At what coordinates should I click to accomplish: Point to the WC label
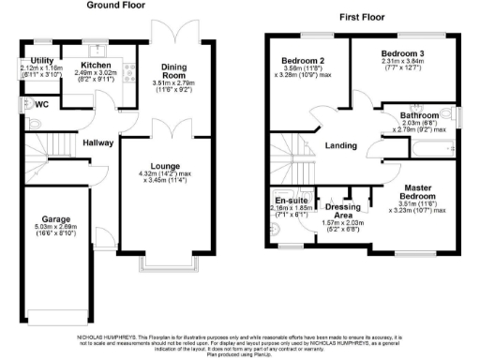[x=40, y=104]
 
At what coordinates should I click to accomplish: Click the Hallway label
[x=97, y=143]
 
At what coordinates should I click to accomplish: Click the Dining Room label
[x=173, y=71]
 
